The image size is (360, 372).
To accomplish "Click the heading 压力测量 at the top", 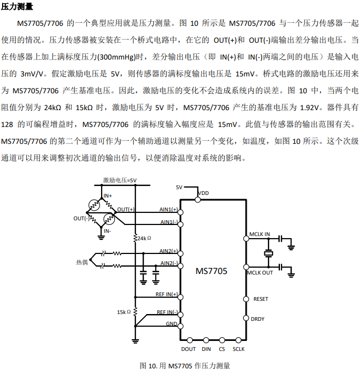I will pyautogui.click(x=17, y=7).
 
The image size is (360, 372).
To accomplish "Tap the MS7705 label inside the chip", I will pyautogui.click(x=211, y=271).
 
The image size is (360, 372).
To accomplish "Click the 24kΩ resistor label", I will pyautogui.click(x=143, y=238).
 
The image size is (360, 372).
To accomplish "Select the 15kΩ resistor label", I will pyautogui.click(x=124, y=312).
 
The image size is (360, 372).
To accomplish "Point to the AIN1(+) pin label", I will pyautogui.click(x=168, y=209).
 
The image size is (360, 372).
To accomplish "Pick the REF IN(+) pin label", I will pyautogui.click(x=166, y=294).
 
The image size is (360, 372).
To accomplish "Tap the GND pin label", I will pyautogui.click(x=172, y=324).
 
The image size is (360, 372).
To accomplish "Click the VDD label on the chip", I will pyautogui.click(x=203, y=193).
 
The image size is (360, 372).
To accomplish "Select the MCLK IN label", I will pyautogui.click(x=259, y=234).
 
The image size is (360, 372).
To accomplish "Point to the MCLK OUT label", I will pyautogui.click(x=261, y=272).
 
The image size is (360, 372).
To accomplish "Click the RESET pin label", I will pyautogui.click(x=261, y=299).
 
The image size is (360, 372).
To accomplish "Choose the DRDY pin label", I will pyautogui.click(x=258, y=319).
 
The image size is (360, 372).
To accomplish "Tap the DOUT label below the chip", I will pyautogui.click(x=188, y=349).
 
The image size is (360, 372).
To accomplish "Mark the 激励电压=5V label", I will pyautogui.click(x=119, y=180).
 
